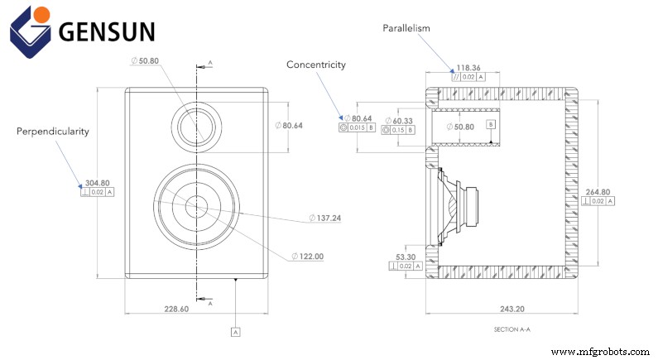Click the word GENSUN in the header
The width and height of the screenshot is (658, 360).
[106, 31]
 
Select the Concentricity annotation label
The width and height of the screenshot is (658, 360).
[316, 65]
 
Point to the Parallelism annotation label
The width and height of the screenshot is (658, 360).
[406, 28]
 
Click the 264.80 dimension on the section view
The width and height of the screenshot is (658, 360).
[598, 191]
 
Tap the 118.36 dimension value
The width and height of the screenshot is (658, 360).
[468, 67]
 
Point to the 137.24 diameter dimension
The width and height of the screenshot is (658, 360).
[329, 218]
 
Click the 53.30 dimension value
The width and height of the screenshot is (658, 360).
[406, 257]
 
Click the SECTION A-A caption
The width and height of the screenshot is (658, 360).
[512, 329]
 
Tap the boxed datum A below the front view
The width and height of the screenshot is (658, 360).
[236, 331]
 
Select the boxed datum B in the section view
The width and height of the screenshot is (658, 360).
[491, 124]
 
